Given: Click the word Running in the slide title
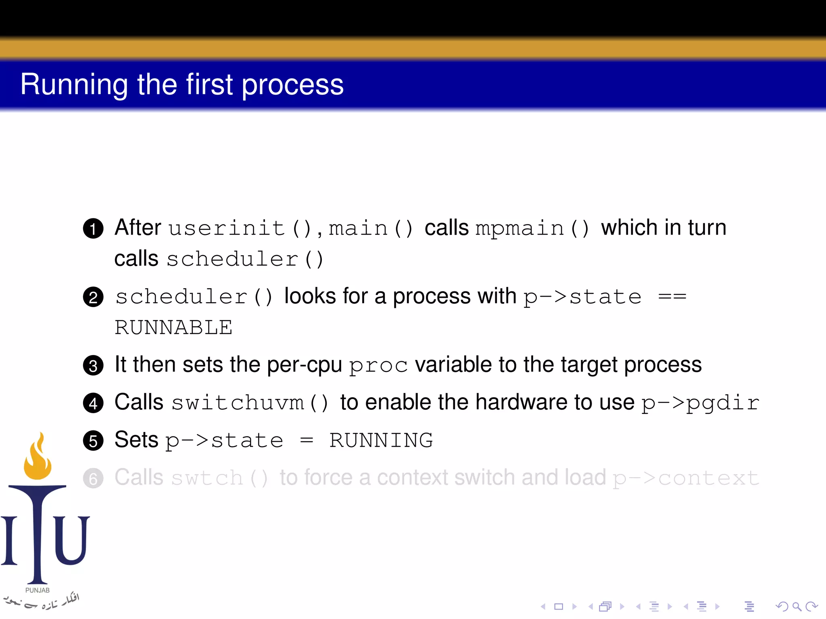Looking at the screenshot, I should click(74, 85).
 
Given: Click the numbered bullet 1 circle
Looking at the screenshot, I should click(93, 228).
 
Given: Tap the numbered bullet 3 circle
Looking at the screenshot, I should click(93, 366).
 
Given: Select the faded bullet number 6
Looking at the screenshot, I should click(93, 478).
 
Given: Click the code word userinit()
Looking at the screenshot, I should click(240, 228).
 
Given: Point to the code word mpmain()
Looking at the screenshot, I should click(532, 228).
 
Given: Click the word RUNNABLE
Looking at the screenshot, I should click(173, 327).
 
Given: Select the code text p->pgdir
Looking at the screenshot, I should click(700, 403).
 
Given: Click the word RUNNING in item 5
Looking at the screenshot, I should click(381, 440).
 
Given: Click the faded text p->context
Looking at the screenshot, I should click(686, 478).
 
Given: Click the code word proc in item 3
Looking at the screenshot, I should click(378, 366).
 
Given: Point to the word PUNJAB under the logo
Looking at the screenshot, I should click(38, 590).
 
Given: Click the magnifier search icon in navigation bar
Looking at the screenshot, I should click(797, 606).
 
